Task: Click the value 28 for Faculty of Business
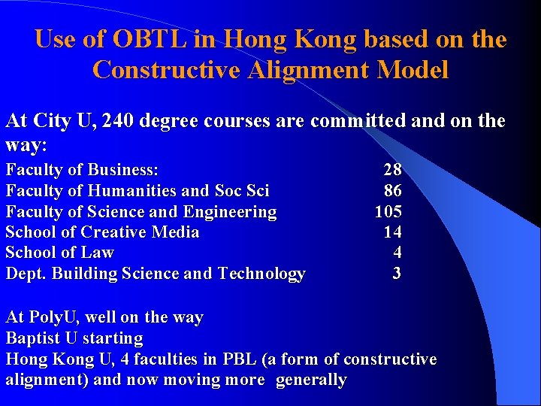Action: (x=392, y=169)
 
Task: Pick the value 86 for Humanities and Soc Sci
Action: (x=392, y=191)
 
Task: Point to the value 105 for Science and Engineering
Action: (x=388, y=212)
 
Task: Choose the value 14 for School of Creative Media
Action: (x=392, y=232)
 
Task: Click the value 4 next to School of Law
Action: (x=397, y=253)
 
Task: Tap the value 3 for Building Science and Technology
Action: (x=397, y=274)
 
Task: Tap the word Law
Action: (x=98, y=253)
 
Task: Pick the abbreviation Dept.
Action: (x=24, y=274)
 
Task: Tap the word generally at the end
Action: (x=311, y=380)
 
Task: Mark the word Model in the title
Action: (x=415, y=70)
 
